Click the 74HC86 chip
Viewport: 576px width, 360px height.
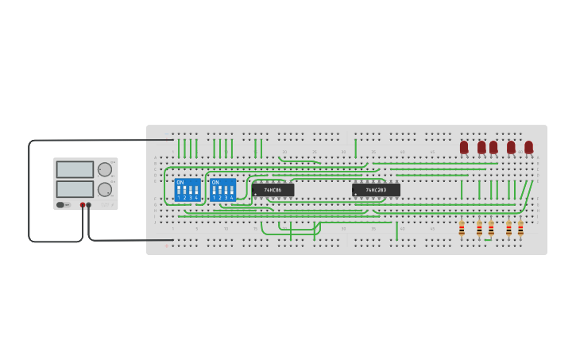pyautogui.click(x=273, y=190)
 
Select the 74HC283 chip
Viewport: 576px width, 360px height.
pyautogui.click(x=376, y=190)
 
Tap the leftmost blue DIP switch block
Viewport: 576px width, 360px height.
pyautogui.click(x=187, y=190)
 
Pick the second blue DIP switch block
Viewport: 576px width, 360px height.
pyautogui.click(x=222, y=190)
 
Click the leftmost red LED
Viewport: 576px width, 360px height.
pyautogui.click(x=464, y=147)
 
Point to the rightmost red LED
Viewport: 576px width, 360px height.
pyautogui.click(x=528, y=147)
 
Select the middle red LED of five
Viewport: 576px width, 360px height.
pyautogui.click(x=493, y=147)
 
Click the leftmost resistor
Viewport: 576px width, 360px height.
pyautogui.click(x=462, y=228)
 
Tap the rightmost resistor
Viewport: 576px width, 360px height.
pyautogui.click(x=520, y=228)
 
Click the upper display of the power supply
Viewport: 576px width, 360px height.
pyautogui.click(x=75, y=169)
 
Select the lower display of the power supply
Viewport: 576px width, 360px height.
pyautogui.click(x=75, y=189)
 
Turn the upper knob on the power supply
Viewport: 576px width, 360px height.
pyautogui.click(x=104, y=169)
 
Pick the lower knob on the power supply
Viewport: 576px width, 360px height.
pyautogui.click(x=104, y=189)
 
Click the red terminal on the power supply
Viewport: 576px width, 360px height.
pyautogui.click(x=83, y=205)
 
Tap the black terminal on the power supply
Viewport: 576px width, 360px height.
pyautogui.click(x=89, y=205)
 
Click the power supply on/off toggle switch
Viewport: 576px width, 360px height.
pyautogui.click(x=61, y=205)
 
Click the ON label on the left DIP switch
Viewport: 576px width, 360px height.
pyautogui.click(x=180, y=183)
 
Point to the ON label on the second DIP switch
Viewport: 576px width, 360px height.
pyautogui.click(x=215, y=183)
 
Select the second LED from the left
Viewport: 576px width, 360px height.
pyautogui.click(x=481, y=147)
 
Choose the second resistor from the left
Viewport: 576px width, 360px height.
pyautogui.click(x=479, y=228)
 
